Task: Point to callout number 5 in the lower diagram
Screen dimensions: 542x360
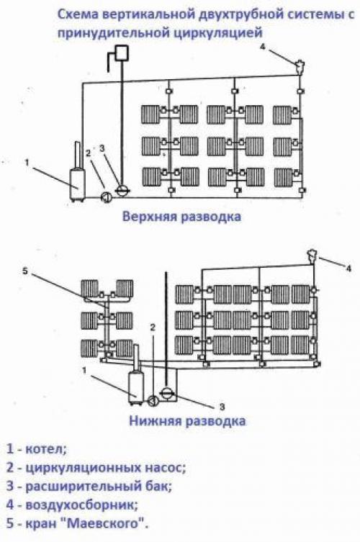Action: (24, 271)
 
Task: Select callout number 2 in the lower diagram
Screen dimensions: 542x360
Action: (152, 328)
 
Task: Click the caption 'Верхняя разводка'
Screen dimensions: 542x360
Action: (181, 216)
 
